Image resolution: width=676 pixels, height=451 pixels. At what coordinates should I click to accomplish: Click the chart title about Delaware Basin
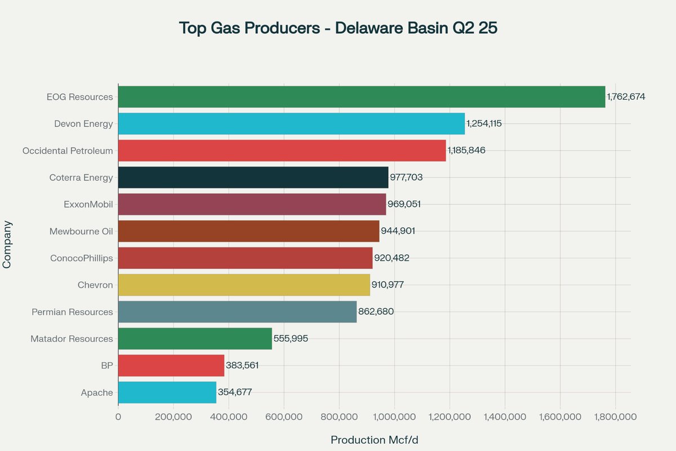(338, 28)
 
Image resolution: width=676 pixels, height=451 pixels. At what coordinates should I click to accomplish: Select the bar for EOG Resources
(361, 96)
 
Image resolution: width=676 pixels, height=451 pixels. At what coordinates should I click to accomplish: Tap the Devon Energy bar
(291, 123)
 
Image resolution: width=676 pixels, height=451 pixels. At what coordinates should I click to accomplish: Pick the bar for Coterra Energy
(253, 178)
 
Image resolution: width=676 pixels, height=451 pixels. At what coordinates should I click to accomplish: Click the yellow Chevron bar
(244, 285)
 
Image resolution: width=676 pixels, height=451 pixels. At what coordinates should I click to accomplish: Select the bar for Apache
(167, 392)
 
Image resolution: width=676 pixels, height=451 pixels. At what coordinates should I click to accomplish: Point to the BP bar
(171, 365)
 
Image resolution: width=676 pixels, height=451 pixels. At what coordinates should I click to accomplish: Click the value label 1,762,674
(626, 96)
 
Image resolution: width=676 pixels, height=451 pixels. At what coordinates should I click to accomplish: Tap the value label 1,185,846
(466, 151)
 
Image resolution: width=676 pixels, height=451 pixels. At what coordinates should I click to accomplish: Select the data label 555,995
(291, 339)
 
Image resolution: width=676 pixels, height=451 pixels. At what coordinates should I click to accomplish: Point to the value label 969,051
(404, 204)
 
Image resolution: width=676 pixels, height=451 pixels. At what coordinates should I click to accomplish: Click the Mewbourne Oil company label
(81, 231)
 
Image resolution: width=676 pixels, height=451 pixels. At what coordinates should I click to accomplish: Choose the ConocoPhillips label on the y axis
(81, 258)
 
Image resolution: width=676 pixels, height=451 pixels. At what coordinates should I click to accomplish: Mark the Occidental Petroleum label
(68, 151)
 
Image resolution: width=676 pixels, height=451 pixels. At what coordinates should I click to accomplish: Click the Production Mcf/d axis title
(374, 440)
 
